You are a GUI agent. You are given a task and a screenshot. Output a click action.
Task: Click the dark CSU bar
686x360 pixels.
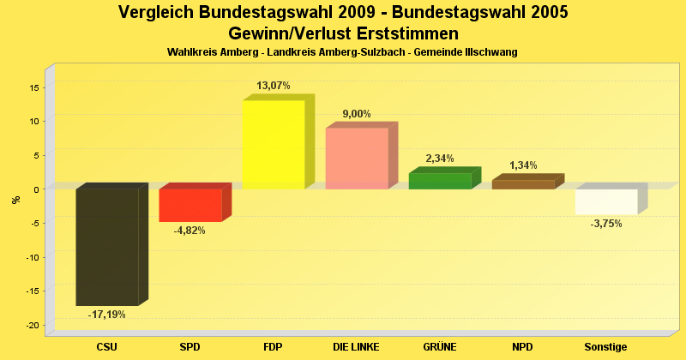tap(107, 247)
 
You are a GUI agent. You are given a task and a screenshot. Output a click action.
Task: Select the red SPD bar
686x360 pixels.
tap(190, 205)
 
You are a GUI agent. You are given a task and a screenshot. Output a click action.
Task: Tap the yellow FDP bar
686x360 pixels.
tap(274, 144)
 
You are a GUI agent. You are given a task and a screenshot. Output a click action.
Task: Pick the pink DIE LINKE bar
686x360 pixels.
tap(357, 158)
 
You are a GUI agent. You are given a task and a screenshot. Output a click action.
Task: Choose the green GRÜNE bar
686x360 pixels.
tap(440, 181)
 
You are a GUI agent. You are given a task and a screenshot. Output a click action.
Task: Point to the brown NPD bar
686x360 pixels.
tap(523, 184)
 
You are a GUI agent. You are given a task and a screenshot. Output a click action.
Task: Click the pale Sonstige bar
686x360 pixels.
tap(606, 201)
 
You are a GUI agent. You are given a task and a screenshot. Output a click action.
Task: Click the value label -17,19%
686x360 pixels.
tap(107, 315)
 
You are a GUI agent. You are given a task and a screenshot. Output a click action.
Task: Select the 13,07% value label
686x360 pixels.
tap(274, 86)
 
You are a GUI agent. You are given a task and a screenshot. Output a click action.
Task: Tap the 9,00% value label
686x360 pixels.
tap(357, 114)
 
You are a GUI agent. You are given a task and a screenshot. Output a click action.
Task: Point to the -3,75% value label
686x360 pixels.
tap(606, 224)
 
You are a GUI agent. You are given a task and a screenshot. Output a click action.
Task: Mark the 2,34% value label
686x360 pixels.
tap(440, 159)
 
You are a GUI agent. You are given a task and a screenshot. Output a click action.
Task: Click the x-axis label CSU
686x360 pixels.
tap(107, 347)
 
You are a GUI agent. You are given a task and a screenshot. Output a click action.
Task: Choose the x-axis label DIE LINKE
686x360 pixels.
tap(357, 347)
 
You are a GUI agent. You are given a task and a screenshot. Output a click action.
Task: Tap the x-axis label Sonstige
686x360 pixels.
tap(606, 347)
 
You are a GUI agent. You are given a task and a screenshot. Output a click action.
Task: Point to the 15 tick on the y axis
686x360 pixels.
tap(34, 87)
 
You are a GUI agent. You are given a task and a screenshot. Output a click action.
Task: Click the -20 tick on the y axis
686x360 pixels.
tap(33, 325)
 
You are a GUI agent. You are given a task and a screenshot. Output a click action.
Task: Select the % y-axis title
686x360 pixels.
tap(15, 200)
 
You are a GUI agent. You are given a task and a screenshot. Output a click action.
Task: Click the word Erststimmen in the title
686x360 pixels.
tap(402, 33)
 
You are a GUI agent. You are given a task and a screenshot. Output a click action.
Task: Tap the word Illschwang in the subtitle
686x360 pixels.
tap(490, 52)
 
